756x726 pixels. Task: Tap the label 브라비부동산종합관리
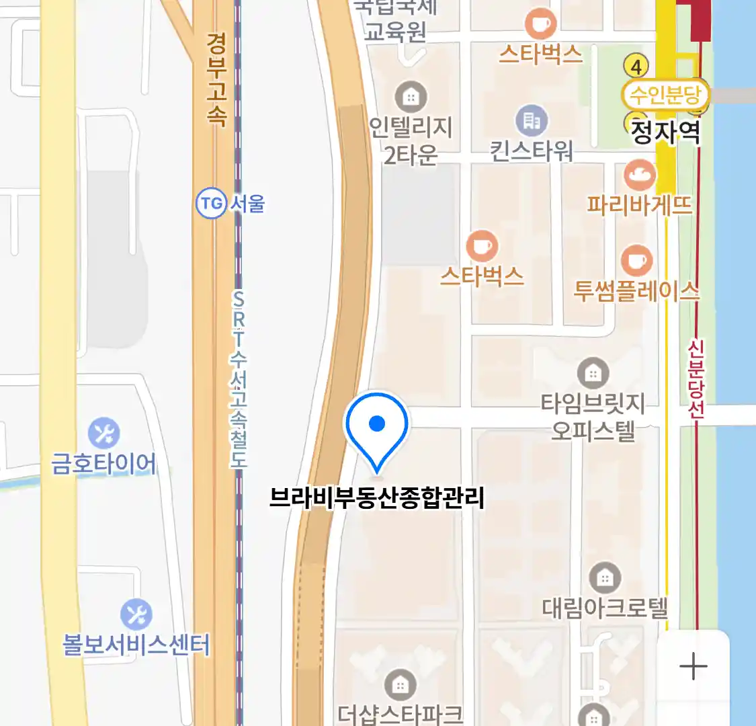376,498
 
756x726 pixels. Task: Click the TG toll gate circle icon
210,203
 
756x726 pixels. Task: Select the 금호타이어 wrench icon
103,433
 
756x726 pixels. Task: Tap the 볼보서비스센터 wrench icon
136,614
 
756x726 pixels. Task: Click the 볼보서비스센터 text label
136,645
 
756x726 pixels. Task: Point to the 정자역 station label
665,132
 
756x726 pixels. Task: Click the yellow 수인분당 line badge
665,95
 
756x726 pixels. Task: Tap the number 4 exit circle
636,66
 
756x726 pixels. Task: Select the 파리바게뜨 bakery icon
639,175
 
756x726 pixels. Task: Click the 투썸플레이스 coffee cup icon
636,261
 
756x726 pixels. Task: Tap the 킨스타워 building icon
532,120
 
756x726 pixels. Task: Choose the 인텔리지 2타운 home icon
411,97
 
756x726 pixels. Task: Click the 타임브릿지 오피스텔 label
593,416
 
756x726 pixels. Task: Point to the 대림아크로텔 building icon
605,577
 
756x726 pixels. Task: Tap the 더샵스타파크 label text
401,713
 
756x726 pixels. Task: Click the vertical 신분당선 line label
696,379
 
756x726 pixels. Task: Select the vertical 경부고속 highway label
216,79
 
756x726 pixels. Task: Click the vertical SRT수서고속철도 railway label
239,378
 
